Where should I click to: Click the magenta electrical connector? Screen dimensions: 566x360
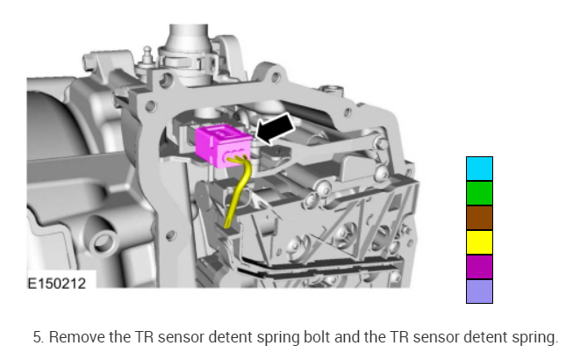point(223,145)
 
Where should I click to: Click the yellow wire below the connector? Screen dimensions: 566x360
point(238,191)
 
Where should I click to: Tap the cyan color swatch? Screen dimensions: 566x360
point(479,169)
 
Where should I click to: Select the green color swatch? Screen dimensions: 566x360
point(479,193)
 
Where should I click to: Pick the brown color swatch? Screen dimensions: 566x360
point(479,218)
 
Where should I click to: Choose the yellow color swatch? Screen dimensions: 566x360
point(479,242)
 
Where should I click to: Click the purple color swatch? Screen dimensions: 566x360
point(479,267)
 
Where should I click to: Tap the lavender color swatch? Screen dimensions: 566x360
point(479,292)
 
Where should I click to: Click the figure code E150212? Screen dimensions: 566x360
point(57,284)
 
